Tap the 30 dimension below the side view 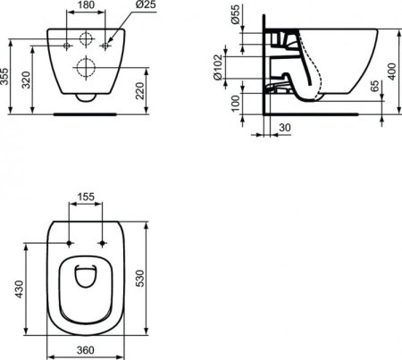click(x=284, y=128)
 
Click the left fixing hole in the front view click(x=70, y=42)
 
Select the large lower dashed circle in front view click(x=87, y=67)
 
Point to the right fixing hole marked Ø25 click(x=105, y=42)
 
